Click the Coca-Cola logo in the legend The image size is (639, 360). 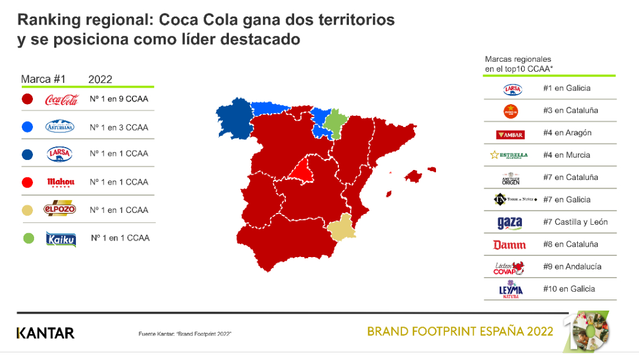coord(62,99)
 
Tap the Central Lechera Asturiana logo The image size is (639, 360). coord(60,126)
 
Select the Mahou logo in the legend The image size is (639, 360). coord(61,182)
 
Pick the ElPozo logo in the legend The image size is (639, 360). coord(60,210)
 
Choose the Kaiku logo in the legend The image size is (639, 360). coord(61,239)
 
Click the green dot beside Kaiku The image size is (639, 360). coord(28,238)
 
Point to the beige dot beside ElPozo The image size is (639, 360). coord(28,210)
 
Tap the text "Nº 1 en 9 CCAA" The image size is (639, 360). coord(119,99)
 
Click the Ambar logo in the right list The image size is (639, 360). coord(510,134)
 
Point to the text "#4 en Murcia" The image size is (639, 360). coord(566,155)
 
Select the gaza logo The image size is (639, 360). coord(510,223)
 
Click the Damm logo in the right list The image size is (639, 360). coord(510,245)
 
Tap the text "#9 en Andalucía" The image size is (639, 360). coord(572,266)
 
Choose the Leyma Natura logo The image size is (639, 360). coord(510,290)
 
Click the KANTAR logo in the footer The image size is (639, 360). coord(45,333)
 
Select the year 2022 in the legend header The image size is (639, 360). coord(100,79)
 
